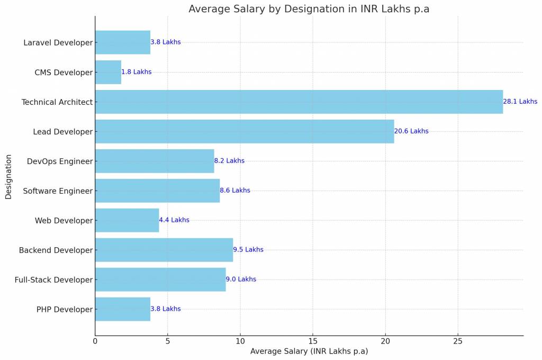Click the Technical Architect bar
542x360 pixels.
click(299, 102)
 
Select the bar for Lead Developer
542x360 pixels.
click(245, 131)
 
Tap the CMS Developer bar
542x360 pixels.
click(108, 72)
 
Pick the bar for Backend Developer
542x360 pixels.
click(164, 250)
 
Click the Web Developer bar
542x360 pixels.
click(127, 220)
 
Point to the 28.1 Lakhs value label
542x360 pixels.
click(520, 102)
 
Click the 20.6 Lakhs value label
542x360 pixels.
click(411, 131)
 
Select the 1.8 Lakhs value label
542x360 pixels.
click(136, 72)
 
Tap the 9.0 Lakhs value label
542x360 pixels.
click(241, 280)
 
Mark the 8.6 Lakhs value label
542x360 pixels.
click(235, 191)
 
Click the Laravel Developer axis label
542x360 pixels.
click(58, 42)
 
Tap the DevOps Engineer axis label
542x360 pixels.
click(60, 161)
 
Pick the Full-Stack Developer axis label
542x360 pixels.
click(53, 280)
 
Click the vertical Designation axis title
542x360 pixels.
click(8, 176)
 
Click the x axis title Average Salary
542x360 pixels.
click(309, 352)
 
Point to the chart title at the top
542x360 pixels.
click(309, 8)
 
